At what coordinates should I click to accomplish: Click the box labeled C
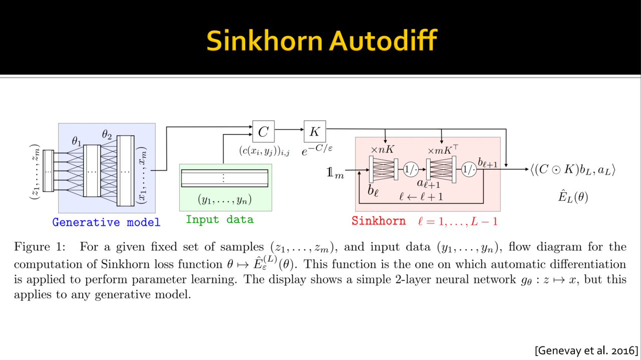pyautogui.click(x=263, y=132)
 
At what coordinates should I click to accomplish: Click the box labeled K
pyautogui.click(x=315, y=131)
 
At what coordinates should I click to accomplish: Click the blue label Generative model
pyautogui.click(x=106, y=222)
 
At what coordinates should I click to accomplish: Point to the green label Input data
pyautogui.click(x=219, y=219)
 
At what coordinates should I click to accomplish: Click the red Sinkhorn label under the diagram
pyautogui.click(x=378, y=221)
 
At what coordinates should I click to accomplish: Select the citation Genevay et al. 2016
pyautogui.click(x=587, y=349)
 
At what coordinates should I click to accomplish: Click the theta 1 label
pyautogui.click(x=76, y=142)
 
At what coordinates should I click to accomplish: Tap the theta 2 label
pyautogui.click(x=107, y=134)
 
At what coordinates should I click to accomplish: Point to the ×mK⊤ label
pyautogui.click(x=443, y=150)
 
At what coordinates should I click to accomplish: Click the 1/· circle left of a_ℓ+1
pyautogui.click(x=411, y=169)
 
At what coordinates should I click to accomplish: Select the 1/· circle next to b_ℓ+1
pyautogui.click(x=469, y=169)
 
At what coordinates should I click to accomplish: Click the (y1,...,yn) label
pyautogui.click(x=225, y=200)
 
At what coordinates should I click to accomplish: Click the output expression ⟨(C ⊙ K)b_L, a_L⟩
pyautogui.click(x=572, y=170)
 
